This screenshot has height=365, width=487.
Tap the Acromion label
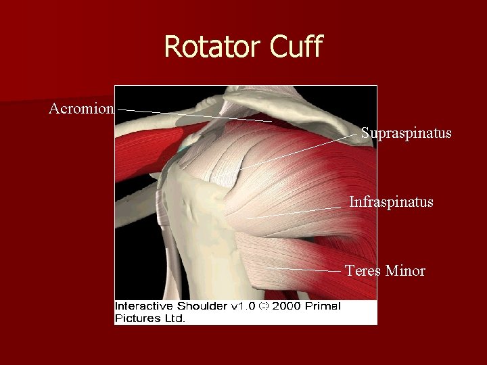(x=81, y=108)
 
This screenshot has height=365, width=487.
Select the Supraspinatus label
(x=406, y=133)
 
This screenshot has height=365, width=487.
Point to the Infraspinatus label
(x=391, y=201)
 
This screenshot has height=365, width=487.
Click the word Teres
(x=363, y=271)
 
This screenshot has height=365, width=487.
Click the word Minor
(x=405, y=271)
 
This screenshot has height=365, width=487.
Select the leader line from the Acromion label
(x=196, y=114)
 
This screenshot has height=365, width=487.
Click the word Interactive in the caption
(x=143, y=307)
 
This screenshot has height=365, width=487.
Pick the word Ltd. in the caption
(x=174, y=318)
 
